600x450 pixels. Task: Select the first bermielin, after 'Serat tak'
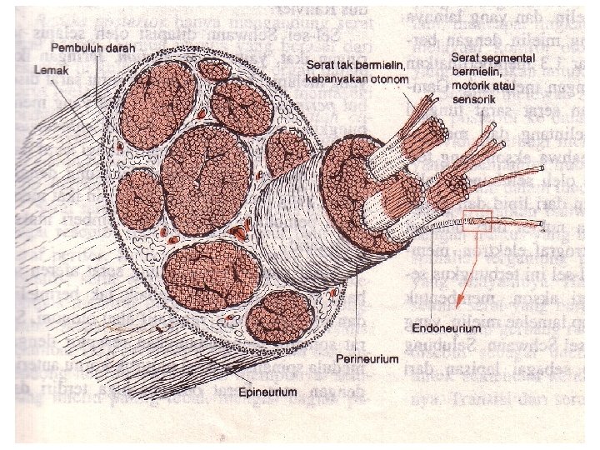click(x=381, y=64)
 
